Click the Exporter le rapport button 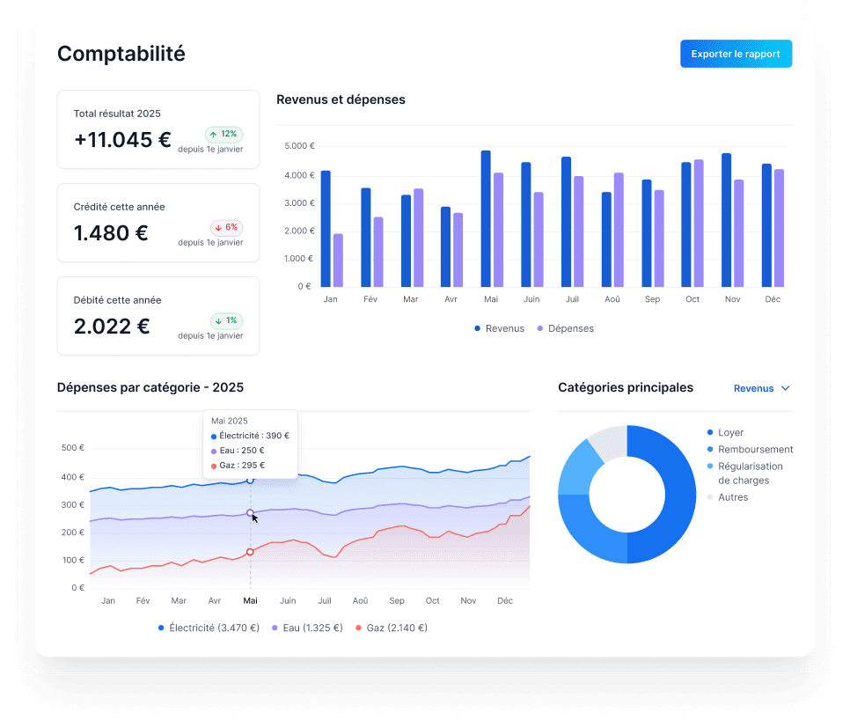tap(736, 54)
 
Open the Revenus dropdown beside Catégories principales tap(762, 388)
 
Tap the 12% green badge tap(224, 134)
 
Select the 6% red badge tap(225, 227)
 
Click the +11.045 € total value tap(122, 140)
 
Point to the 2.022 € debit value tap(112, 327)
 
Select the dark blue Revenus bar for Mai tap(486, 220)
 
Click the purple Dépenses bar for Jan tap(338, 261)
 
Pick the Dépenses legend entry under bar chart tap(565, 328)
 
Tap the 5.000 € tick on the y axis tap(298, 146)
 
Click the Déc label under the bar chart tap(773, 299)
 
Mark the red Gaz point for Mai tap(250, 552)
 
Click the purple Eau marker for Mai tap(250, 512)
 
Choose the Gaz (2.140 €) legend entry tap(392, 628)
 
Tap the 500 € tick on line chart tap(73, 448)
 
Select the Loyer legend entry tap(730, 432)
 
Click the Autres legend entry tap(732, 497)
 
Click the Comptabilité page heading tap(121, 54)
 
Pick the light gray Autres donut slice tap(607, 440)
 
